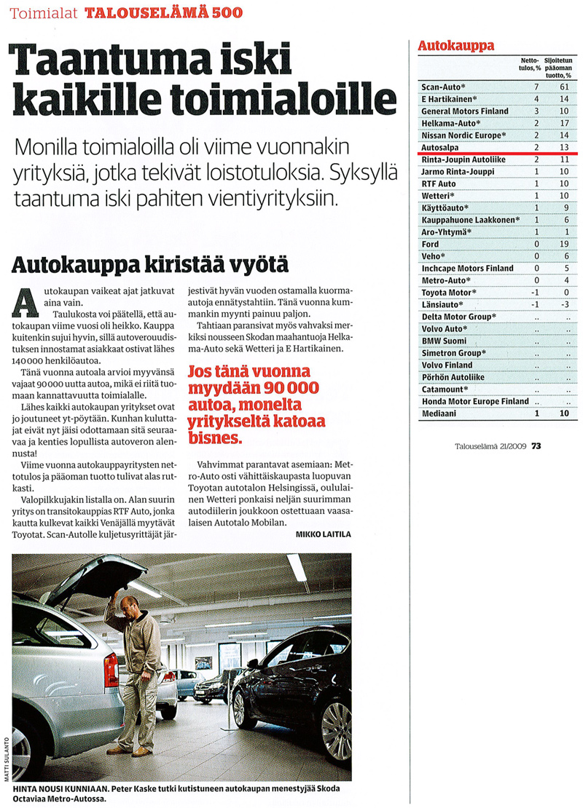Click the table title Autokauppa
point(455,45)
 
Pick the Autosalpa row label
point(439,147)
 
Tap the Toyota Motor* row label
point(449,293)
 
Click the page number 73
point(536,446)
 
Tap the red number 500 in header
point(223,13)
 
